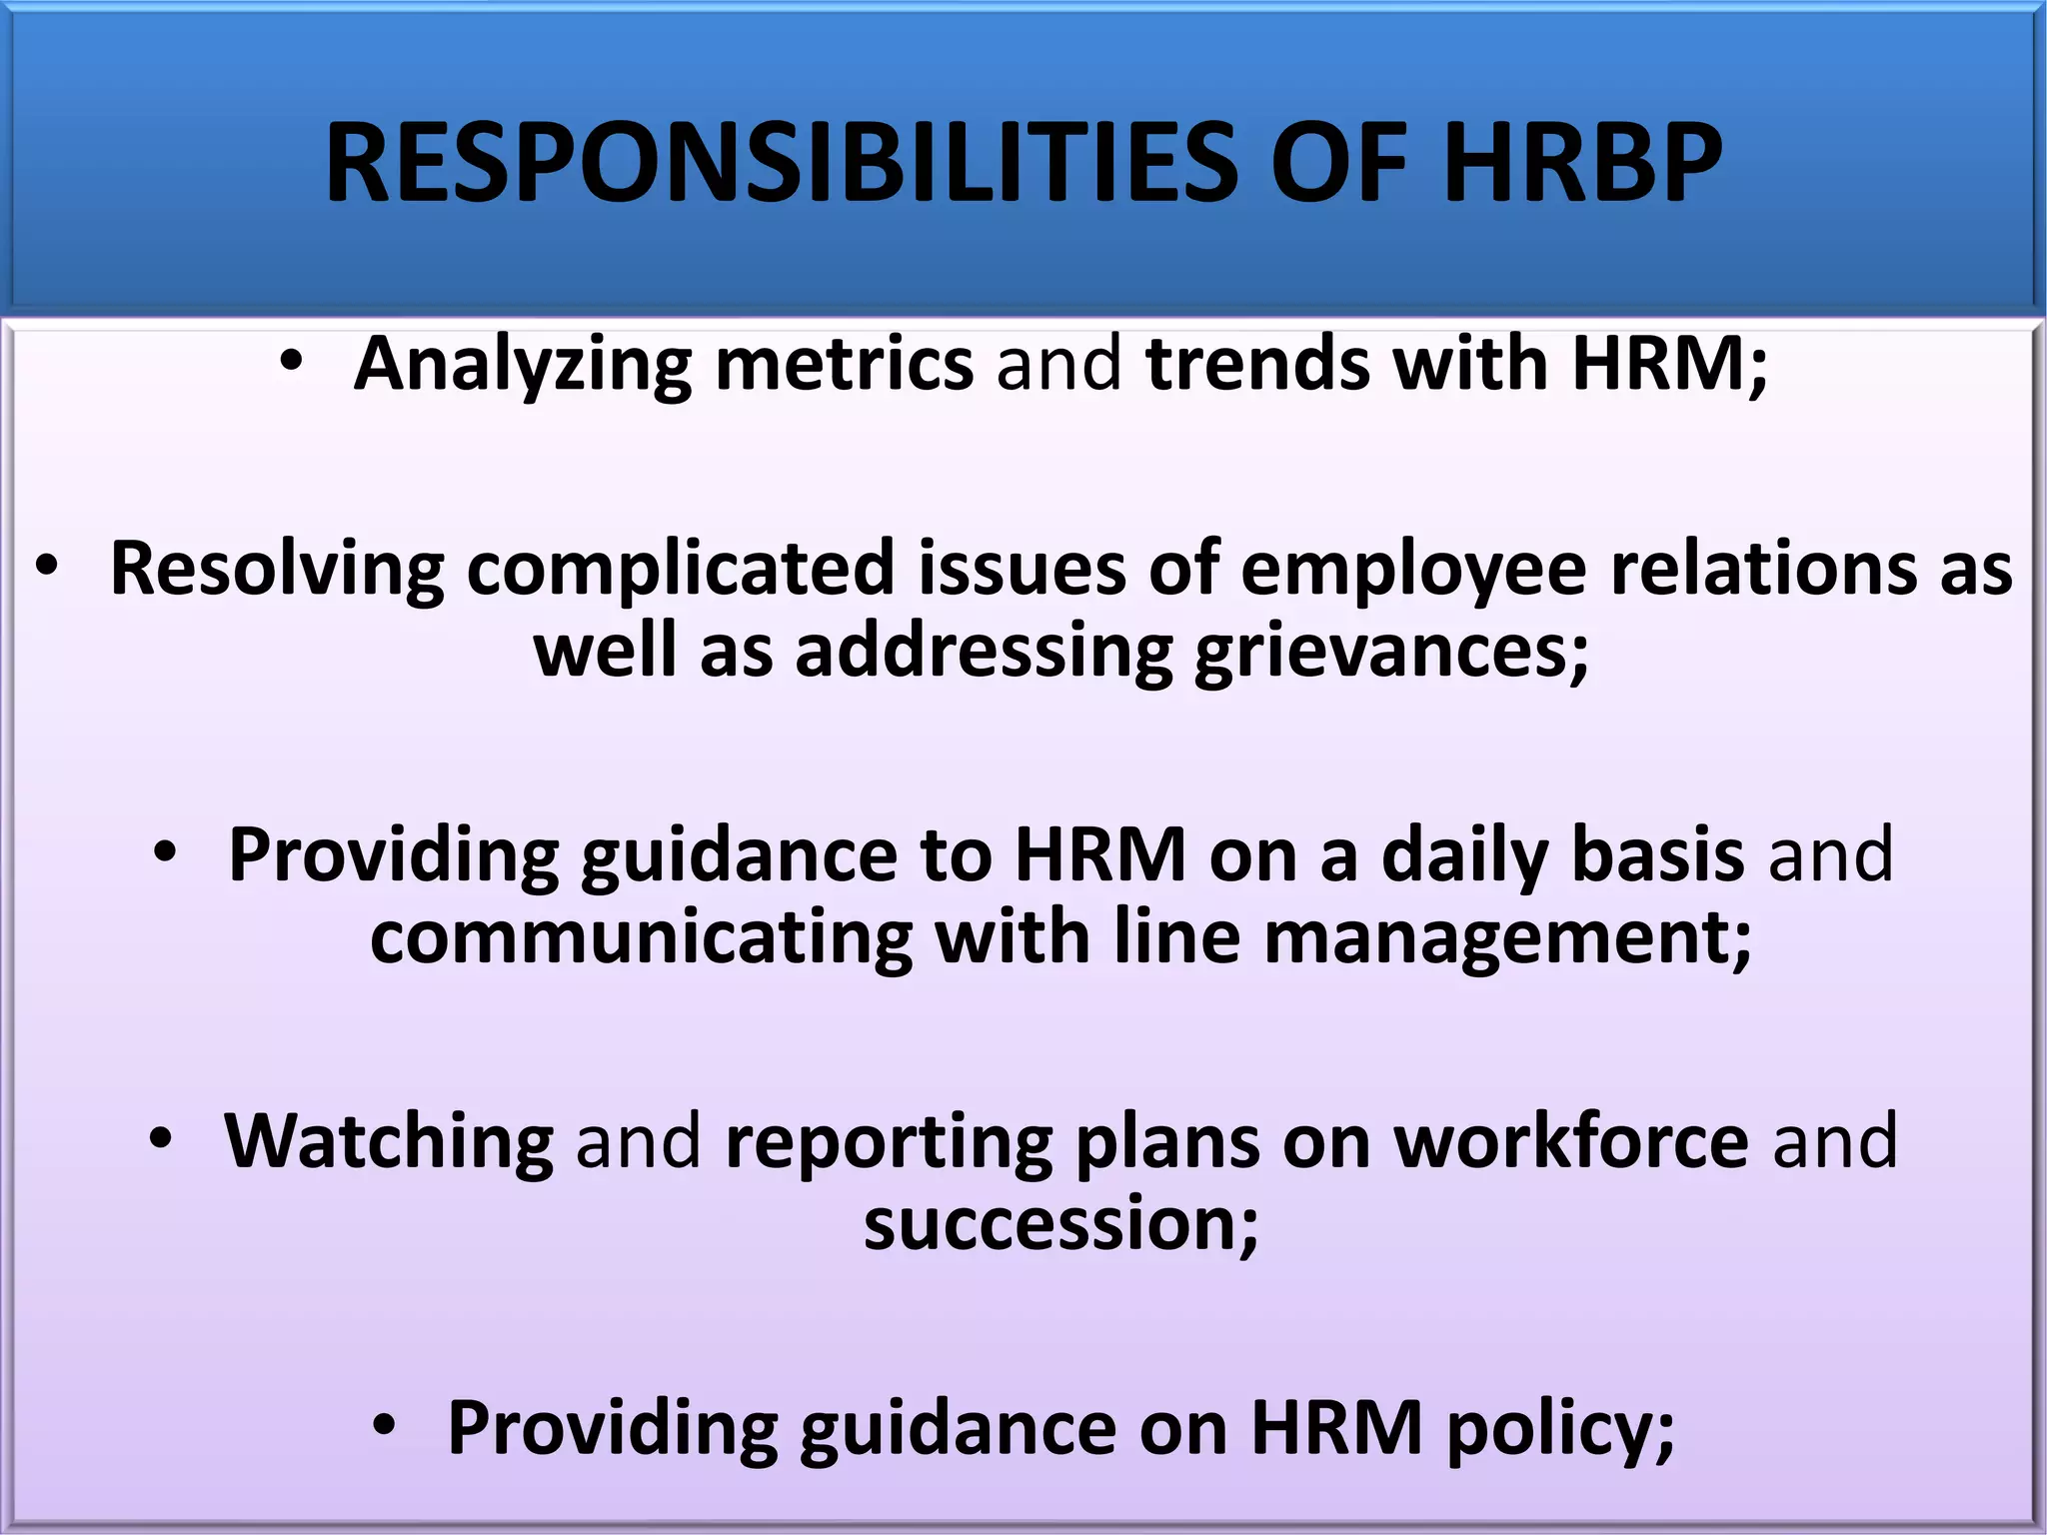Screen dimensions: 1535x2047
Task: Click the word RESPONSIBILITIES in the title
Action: point(781,162)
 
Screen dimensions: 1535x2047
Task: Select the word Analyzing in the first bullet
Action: point(523,364)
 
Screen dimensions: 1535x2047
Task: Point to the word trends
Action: point(1258,364)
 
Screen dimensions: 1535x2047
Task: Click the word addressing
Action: point(984,652)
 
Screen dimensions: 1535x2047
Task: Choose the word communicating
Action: point(641,938)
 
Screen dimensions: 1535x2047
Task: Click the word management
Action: point(1507,940)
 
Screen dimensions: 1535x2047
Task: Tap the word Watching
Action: point(389,1141)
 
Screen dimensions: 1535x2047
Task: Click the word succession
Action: point(1060,1225)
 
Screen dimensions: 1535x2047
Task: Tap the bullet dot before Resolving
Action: point(47,567)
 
